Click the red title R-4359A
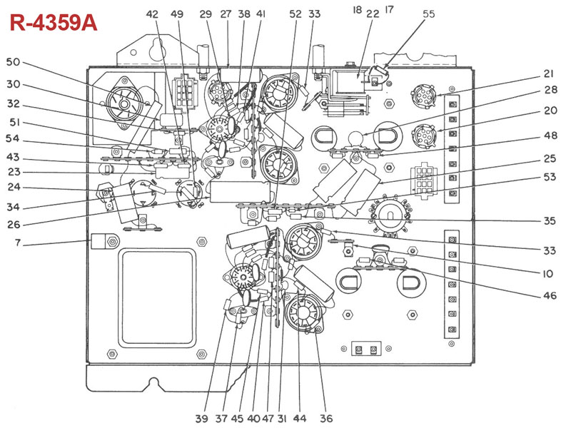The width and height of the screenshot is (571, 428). [x=54, y=23]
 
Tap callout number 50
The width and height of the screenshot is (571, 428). [x=13, y=62]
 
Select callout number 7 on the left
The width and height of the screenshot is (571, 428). [x=18, y=243]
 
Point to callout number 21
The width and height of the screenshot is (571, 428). [x=549, y=74]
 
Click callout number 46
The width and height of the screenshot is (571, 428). [x=550, y=295]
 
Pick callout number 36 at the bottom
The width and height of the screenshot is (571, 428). [x=326, y=419]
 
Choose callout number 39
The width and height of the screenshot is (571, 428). [x=201, y=419]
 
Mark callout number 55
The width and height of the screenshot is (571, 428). [x=429, y=14]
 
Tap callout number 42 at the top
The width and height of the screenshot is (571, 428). [x=152, y=14]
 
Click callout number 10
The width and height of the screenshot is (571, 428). [x=547, y=274]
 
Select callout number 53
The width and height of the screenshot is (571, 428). [x=550, y=177]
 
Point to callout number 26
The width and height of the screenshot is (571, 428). [x=14, y=225]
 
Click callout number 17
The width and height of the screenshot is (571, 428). [x=389, y=9]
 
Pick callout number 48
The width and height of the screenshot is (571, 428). [x=550, y=136]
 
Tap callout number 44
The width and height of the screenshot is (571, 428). [x=299, y=419]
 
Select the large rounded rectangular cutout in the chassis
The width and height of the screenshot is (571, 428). [x=157, y=297]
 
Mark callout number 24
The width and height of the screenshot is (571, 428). [x=14, y=187]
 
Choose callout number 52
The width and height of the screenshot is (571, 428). [x=295, y=14]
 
